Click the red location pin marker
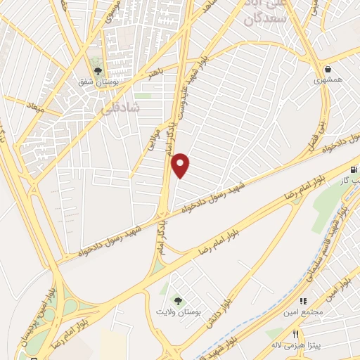(181, 166)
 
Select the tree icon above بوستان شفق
(98, 70)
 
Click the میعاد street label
(35, 108)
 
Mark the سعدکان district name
(264, 19)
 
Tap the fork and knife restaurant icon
(296, 335)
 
